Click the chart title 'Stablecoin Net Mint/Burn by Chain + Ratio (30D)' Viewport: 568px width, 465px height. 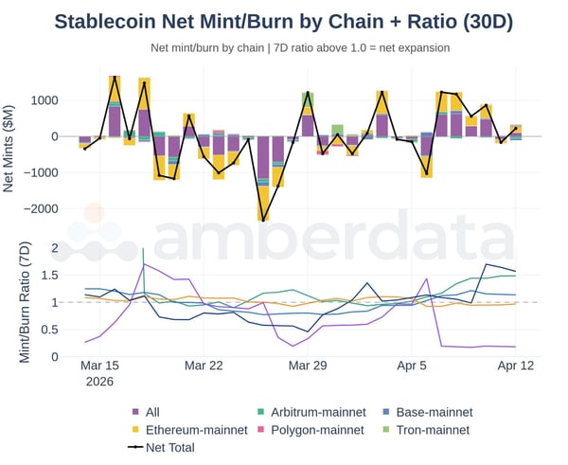(284, 22)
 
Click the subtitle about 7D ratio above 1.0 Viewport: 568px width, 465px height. (300, 47)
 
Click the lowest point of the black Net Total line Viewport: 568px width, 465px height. (262, 221)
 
